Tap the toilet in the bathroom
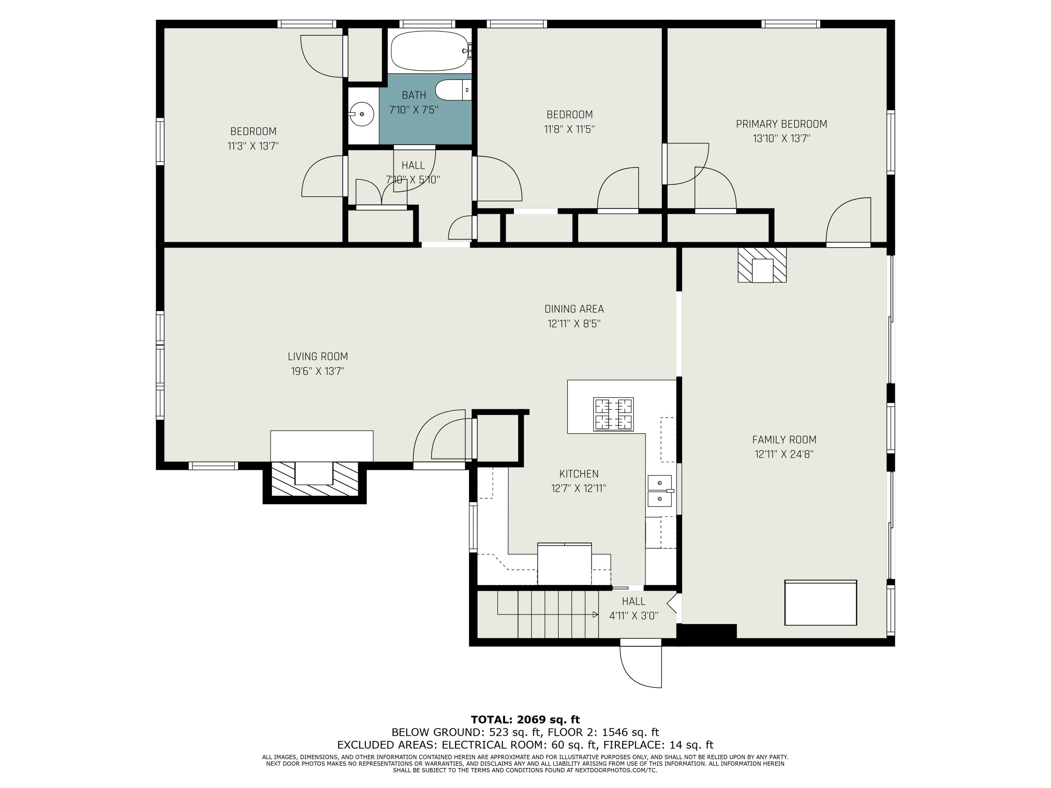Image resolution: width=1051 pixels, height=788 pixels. pos(453,90)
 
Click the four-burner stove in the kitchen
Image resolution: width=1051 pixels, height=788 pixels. pos(613,414)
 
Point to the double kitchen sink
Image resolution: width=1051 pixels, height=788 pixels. pos(660,491)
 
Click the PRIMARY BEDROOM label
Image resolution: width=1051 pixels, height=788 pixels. pos(782,124)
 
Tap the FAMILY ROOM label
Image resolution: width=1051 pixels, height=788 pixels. pos(784,440)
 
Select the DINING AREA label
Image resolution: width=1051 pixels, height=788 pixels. pos(574,309)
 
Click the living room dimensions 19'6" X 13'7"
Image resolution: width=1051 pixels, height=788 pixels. pos(317,371)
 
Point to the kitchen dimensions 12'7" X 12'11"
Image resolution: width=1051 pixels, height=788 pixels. pos(579,488)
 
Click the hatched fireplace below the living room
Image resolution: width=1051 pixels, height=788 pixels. pos(315,479)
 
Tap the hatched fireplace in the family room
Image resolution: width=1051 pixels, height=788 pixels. pos(762,264)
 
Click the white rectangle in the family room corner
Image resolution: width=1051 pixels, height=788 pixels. pos(820,602)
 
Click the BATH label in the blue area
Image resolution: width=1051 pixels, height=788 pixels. pos(414,95)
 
